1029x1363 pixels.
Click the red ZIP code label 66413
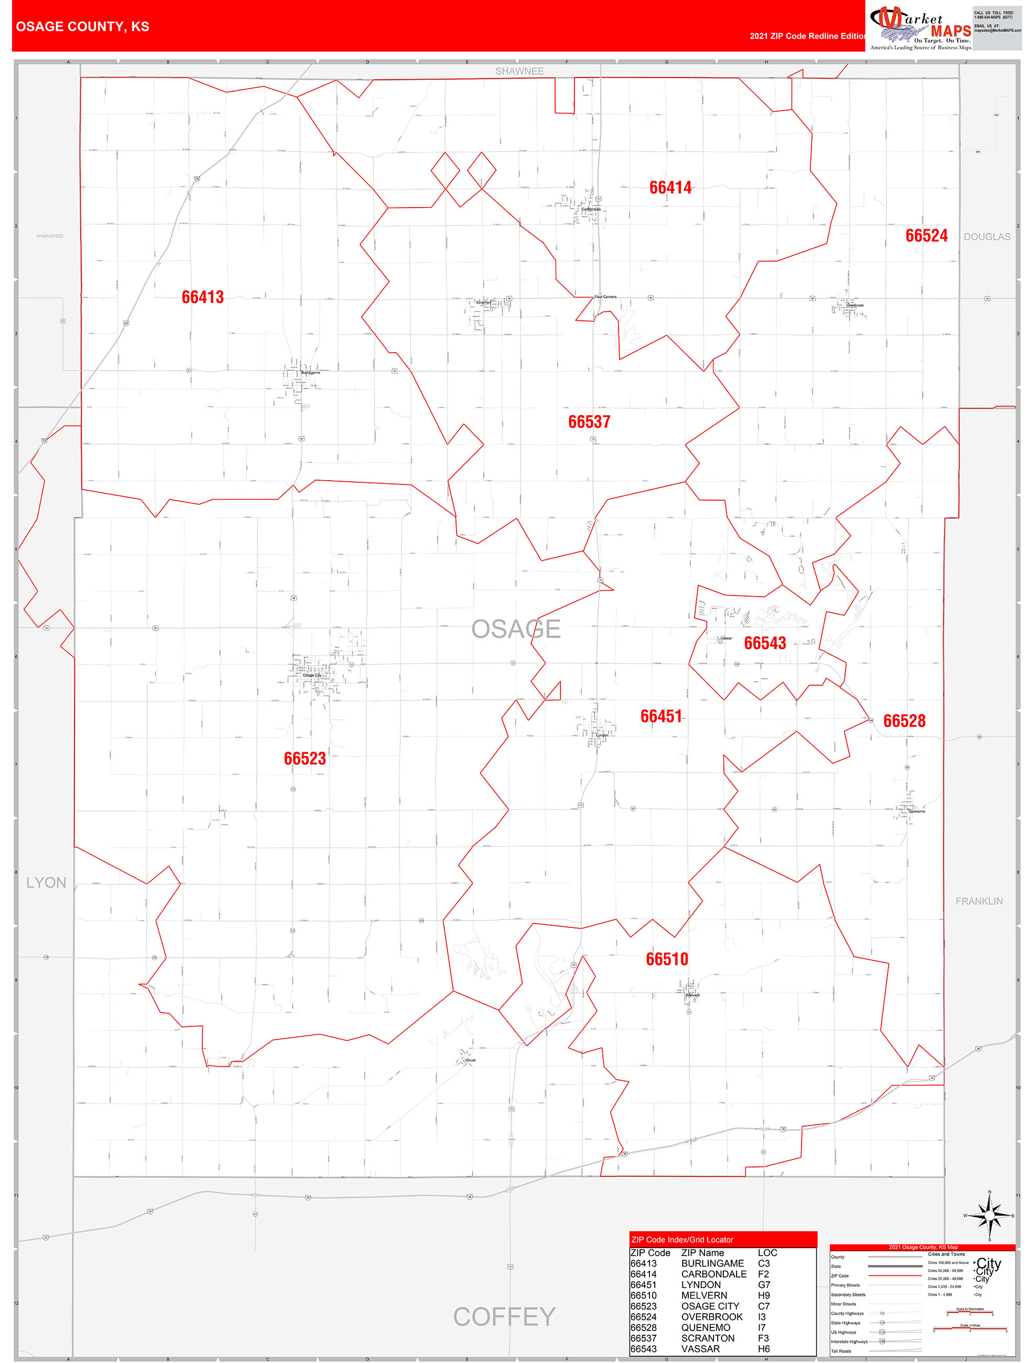pos(202,297)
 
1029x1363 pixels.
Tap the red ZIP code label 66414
pos(670,187)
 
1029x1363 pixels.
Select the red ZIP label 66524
pos(926,235)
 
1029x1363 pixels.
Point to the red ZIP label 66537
pos(589,421)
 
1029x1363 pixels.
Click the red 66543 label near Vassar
pos(765,643)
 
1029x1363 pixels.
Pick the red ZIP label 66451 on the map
pos(661,716)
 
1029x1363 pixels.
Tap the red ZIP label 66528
pos(904,720)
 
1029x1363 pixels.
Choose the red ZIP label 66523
pos(305,758)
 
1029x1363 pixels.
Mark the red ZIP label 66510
pos(667,959)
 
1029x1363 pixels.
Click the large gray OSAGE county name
pos(516,629)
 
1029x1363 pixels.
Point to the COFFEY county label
pos(504,1316)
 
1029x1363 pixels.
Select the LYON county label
pos(46,882)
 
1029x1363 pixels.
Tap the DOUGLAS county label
pos(987,236)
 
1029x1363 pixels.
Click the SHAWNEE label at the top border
pos(519,71)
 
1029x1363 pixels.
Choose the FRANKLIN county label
pos(979,901)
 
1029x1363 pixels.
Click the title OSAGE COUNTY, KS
pos(83,27)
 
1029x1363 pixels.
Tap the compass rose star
pos(990,1215)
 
